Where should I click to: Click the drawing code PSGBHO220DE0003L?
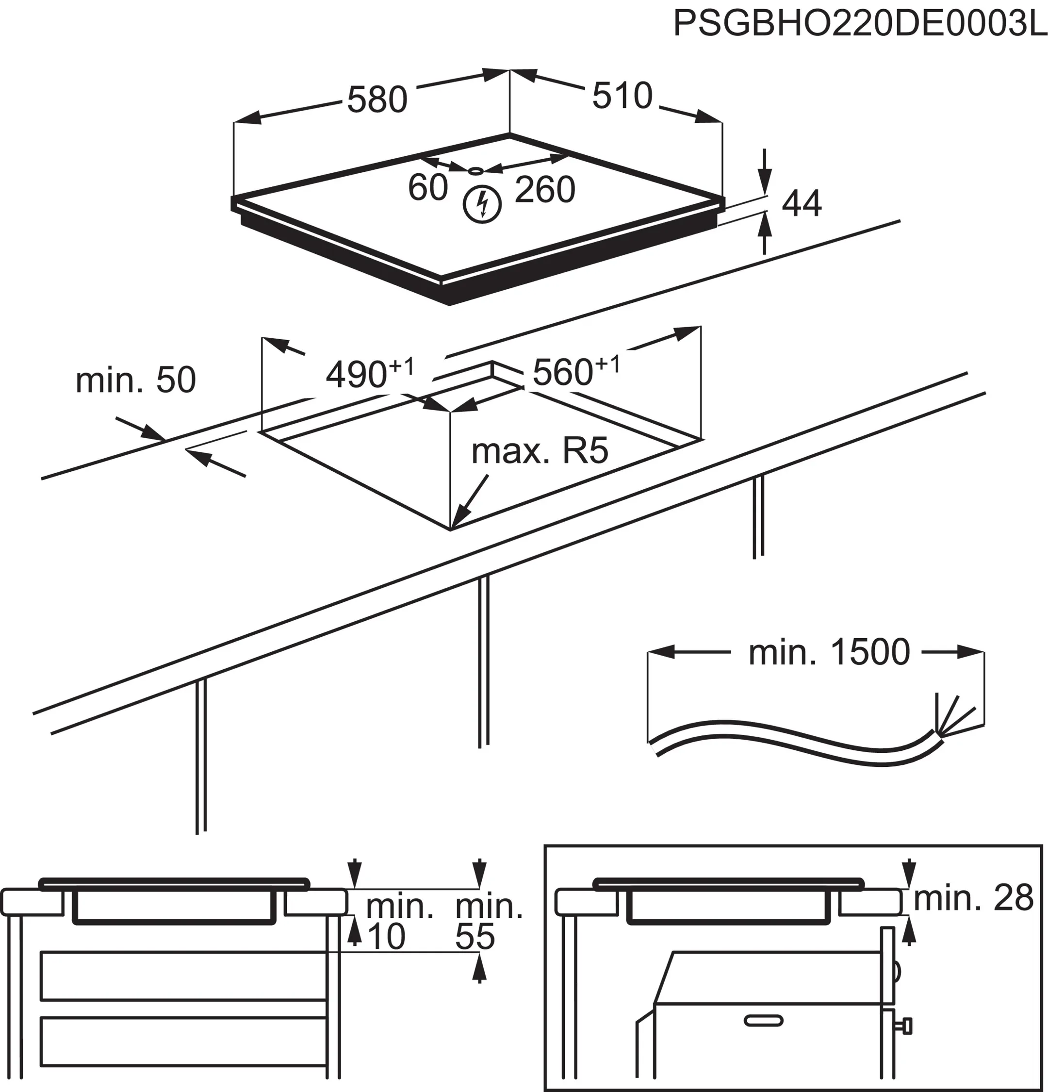point(860,23)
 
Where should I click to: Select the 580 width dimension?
point(377,100)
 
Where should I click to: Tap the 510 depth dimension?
point(622,96)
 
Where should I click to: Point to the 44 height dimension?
point(802,204)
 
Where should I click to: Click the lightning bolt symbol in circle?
point(482,204)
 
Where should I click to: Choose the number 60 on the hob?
point(427,188)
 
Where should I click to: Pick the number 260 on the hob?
point(544,190)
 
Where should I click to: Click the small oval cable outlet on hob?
point(476,170)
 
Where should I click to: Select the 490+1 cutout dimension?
point(370,373)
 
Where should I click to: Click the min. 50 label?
point(135,380)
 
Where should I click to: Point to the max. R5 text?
point(540,451)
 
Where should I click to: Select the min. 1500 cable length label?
point(829,652)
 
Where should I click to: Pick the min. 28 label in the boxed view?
point(973,898)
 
